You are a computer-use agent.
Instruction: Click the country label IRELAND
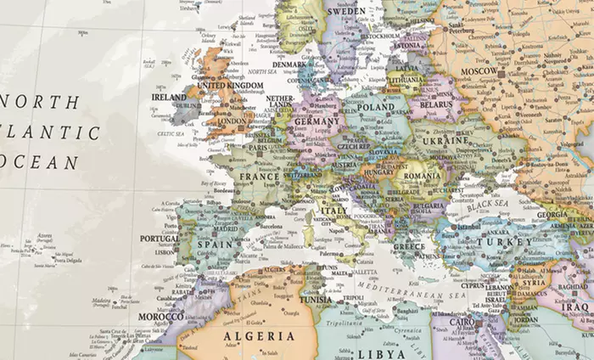coord(168,98)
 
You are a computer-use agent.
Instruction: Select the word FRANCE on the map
coord(259,177)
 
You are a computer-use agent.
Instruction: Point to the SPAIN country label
coord(215,244)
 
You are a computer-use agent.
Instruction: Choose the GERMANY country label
coord(317,121)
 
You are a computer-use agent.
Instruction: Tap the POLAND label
coord(376,109)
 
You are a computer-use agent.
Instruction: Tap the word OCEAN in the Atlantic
coord(38,161)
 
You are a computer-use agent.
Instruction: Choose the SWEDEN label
coord(346,11)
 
